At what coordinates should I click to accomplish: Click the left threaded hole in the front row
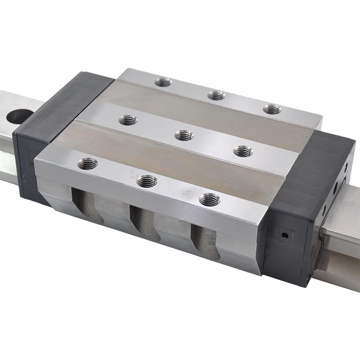coord(87,164)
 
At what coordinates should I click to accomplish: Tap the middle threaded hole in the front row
coord(147,181)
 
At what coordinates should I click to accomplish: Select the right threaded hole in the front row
coord(209,199)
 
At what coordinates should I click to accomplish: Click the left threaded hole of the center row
coord(128,120)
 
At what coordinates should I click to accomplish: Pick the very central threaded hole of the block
coord(184,135)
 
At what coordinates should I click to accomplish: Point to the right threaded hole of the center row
coord(243,152)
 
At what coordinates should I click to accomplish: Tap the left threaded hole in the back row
coord(163,82)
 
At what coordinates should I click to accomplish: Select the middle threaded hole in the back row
coord(216,95)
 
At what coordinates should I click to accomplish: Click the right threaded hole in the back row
coord(272,109)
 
